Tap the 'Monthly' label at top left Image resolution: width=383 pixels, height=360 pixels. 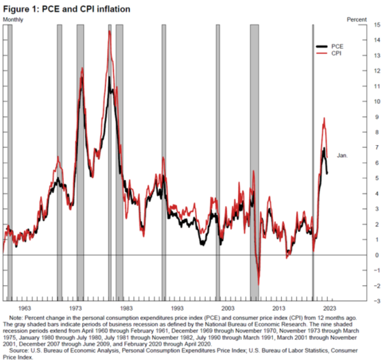(x=14, y=19)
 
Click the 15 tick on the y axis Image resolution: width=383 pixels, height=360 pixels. (x=375, y=25)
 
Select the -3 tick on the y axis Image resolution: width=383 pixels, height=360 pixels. (x=375, y=301)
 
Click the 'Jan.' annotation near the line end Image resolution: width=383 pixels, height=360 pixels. (x=343, y=156)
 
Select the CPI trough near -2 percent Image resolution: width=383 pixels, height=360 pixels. (x=259, y=285)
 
